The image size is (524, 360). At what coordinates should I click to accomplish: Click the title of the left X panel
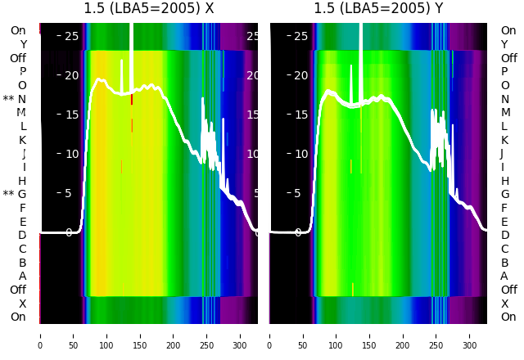pyautogui.click(x=149, y=9)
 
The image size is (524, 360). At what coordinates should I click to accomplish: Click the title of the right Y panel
pyautogui.click(x=379, y=9)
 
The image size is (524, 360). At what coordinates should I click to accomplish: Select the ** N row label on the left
pyautogui.click(x=15, y=99)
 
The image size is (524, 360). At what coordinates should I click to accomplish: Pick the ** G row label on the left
pyautogui.click(x=15, y=195)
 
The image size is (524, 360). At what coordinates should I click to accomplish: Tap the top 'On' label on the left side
pyautogui.click(x=18, y=30)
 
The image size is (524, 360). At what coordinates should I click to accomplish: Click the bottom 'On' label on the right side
pyautogui.click(x=508, y=317)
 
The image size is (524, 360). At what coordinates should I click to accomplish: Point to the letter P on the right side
pyautogui.click(x=504, y=72)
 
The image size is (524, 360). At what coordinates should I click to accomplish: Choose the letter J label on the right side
pyautogui.click(x=502, y=154)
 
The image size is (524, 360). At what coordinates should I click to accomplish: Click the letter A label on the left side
pyautogui.click(x=22, y=277)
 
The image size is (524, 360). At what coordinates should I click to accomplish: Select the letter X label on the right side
pyautogui.click(x=504, y=304)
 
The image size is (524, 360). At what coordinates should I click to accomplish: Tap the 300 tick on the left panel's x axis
pyautogui.click(x=240, y=335)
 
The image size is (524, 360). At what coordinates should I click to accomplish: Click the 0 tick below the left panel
pyautogui.click(x=40, y=335)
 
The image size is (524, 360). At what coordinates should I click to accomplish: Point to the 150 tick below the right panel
pyautogui.click(x=369, y=335)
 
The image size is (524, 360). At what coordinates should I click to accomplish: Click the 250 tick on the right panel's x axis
pyautogui.click(x=436, y=335)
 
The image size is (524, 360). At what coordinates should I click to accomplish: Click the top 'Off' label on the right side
pyautogui.click(x=508, y=58)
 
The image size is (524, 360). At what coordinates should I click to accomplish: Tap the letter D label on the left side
pyautogui.click(x=22, y=236)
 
